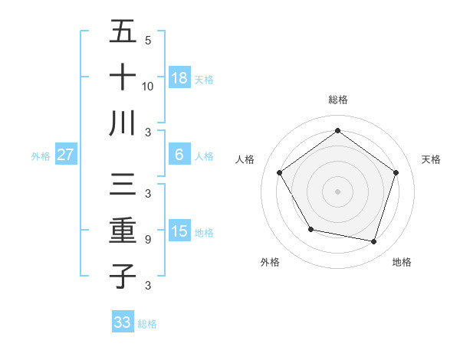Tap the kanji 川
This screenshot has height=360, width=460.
(x=123, y=123)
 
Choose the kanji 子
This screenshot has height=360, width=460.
(x=123, y=275)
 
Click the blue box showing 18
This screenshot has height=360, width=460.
(x=179, y=77)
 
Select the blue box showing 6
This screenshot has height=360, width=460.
(x=179, y=155)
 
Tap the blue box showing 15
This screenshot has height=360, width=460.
(x=179, y=231)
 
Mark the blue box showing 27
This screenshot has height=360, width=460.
(x=65, y=155)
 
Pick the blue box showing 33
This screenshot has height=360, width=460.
(x=123, y=322)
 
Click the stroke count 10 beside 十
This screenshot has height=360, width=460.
(x=147, y=86)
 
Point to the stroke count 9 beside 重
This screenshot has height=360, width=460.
(x=147, y=240)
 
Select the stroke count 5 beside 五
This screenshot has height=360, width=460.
(x=147, y=41)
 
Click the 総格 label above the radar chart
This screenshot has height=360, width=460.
(x=337, y=100)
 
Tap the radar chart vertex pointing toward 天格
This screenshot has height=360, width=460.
(x=396, y=172)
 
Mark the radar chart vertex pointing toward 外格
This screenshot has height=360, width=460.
(x=310, y=229)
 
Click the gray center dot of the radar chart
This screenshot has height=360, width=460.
(x=337, y=191)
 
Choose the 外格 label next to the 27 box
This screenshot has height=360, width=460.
(x=41, y=156)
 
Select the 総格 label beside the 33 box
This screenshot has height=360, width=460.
(x=147, y=324)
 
